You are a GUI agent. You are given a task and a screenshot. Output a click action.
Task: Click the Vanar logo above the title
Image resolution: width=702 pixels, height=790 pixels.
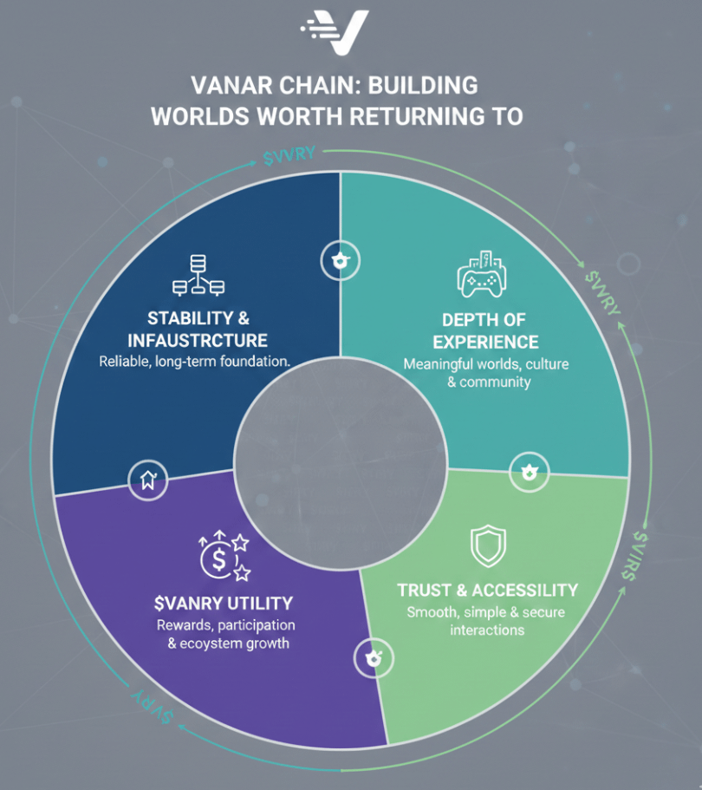click(335, 32)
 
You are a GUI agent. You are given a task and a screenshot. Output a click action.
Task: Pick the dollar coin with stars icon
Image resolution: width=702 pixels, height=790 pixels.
click(224, 556)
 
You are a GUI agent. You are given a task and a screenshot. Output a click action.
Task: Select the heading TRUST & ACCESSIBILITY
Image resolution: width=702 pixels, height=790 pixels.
click(487, 590)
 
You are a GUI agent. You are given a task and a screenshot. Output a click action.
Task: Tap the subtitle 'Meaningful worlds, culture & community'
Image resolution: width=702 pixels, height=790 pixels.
click(487, 372)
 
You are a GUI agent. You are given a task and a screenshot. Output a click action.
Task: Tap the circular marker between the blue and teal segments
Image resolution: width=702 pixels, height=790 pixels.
click(340, 261)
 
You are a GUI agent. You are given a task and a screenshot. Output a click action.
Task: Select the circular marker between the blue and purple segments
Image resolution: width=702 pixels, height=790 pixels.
click(146, 479)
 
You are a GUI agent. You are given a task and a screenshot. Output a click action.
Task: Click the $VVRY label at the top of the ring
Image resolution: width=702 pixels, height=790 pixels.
click(293, 157)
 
